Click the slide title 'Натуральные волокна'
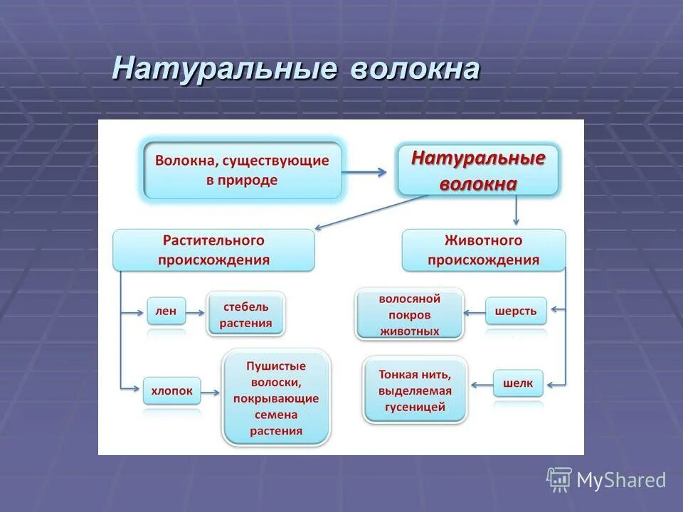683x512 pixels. (295, 70)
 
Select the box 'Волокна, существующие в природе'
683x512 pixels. (242, 171)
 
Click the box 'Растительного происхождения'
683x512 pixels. (213, 250)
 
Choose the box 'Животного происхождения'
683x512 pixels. (483, 250)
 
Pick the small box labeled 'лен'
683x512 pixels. (166, 311)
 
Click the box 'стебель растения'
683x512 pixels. (245, 314)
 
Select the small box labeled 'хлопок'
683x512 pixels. (171, 390)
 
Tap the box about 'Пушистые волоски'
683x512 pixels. (276, 398)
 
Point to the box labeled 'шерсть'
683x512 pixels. (516, 311)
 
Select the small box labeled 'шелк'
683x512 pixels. (517, 384)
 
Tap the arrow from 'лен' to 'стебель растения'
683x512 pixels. (196, 311)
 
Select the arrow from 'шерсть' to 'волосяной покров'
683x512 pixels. (475, 311)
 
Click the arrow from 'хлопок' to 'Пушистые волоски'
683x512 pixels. (211, 390)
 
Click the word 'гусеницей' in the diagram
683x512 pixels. (415, 407)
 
